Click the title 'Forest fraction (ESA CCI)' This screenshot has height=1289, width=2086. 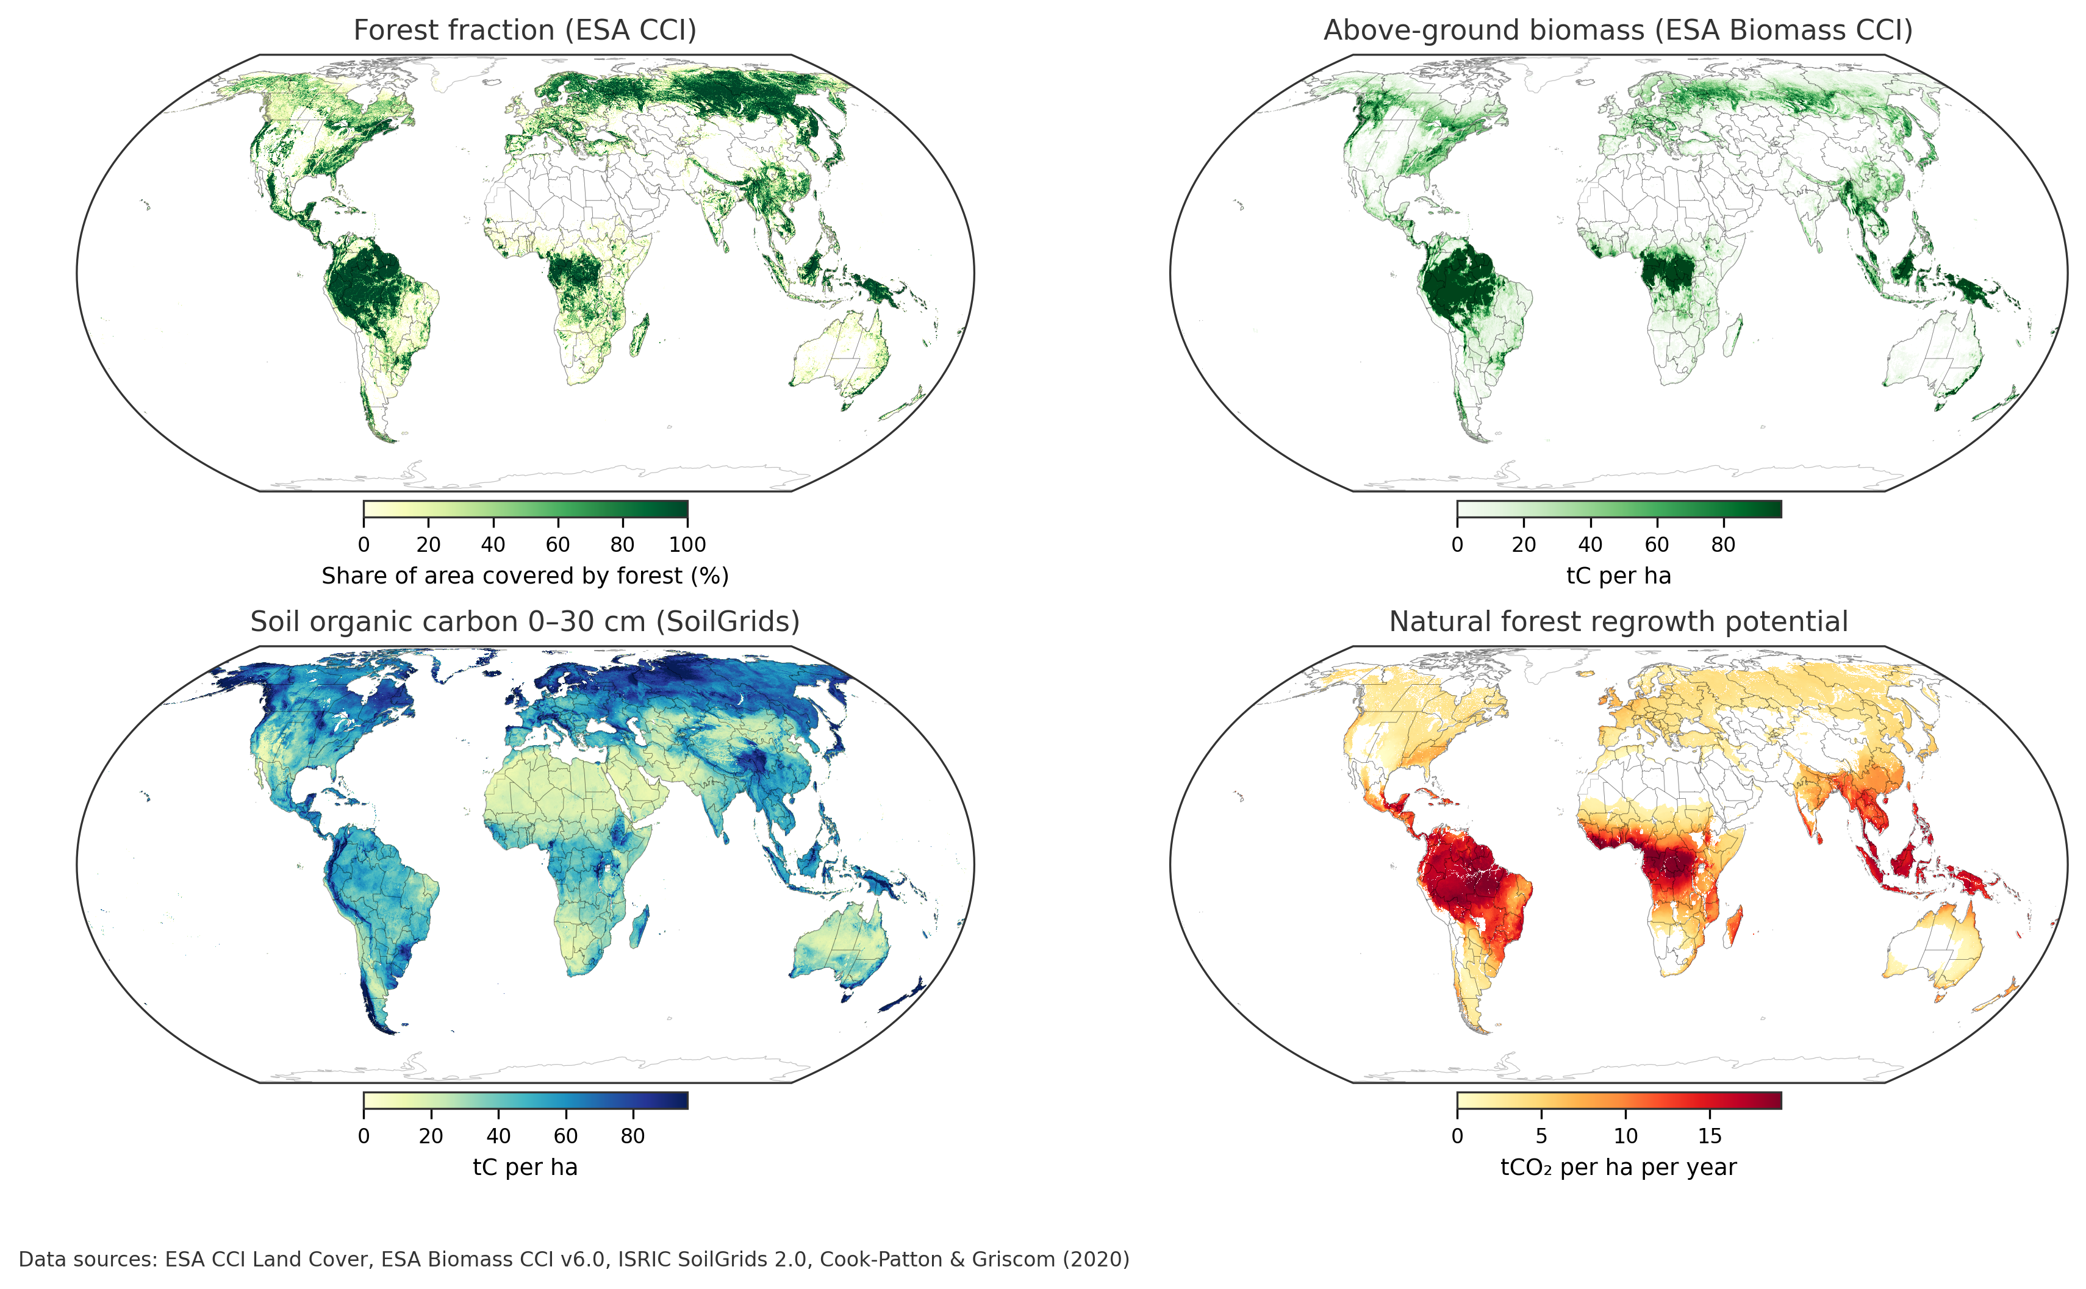tap(525, 30)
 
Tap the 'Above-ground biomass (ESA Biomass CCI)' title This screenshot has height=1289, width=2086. tap(1617, 30)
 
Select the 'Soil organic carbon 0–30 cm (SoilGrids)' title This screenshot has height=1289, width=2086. tap(525, 623)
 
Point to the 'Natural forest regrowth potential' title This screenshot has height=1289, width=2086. tap(1618, 623)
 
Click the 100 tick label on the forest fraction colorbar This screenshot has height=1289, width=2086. tap(687, 545)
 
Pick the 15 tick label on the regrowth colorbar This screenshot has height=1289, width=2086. tap(1709, 1137)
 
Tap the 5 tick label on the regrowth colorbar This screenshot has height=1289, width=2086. tap(1541, 1137)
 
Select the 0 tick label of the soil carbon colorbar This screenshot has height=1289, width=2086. tap(364, 1137)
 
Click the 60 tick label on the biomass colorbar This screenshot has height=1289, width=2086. tap(1656, 545)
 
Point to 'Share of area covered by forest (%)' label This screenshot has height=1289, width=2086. tap(525, 576)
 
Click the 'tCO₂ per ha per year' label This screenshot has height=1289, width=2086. tap(1618, 1168)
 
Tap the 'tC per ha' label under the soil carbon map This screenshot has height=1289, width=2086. tap(525, 1168)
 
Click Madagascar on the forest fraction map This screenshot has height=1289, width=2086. tap(640, 334)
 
